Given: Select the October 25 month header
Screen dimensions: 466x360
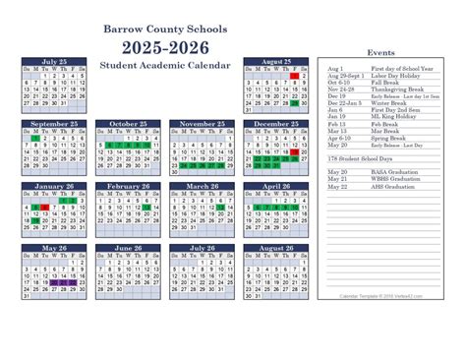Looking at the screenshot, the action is coord(130,124).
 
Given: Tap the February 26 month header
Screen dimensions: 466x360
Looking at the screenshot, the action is coord(130,185).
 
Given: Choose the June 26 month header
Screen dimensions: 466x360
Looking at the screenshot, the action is coord(130,248).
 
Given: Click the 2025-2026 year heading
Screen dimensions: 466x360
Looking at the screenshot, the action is coord(165,47).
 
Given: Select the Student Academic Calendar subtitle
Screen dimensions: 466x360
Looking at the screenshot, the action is coord(165,65).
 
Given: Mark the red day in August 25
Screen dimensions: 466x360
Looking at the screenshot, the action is coord(293,76).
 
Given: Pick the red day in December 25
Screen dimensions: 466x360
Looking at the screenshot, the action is coord(293,152).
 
